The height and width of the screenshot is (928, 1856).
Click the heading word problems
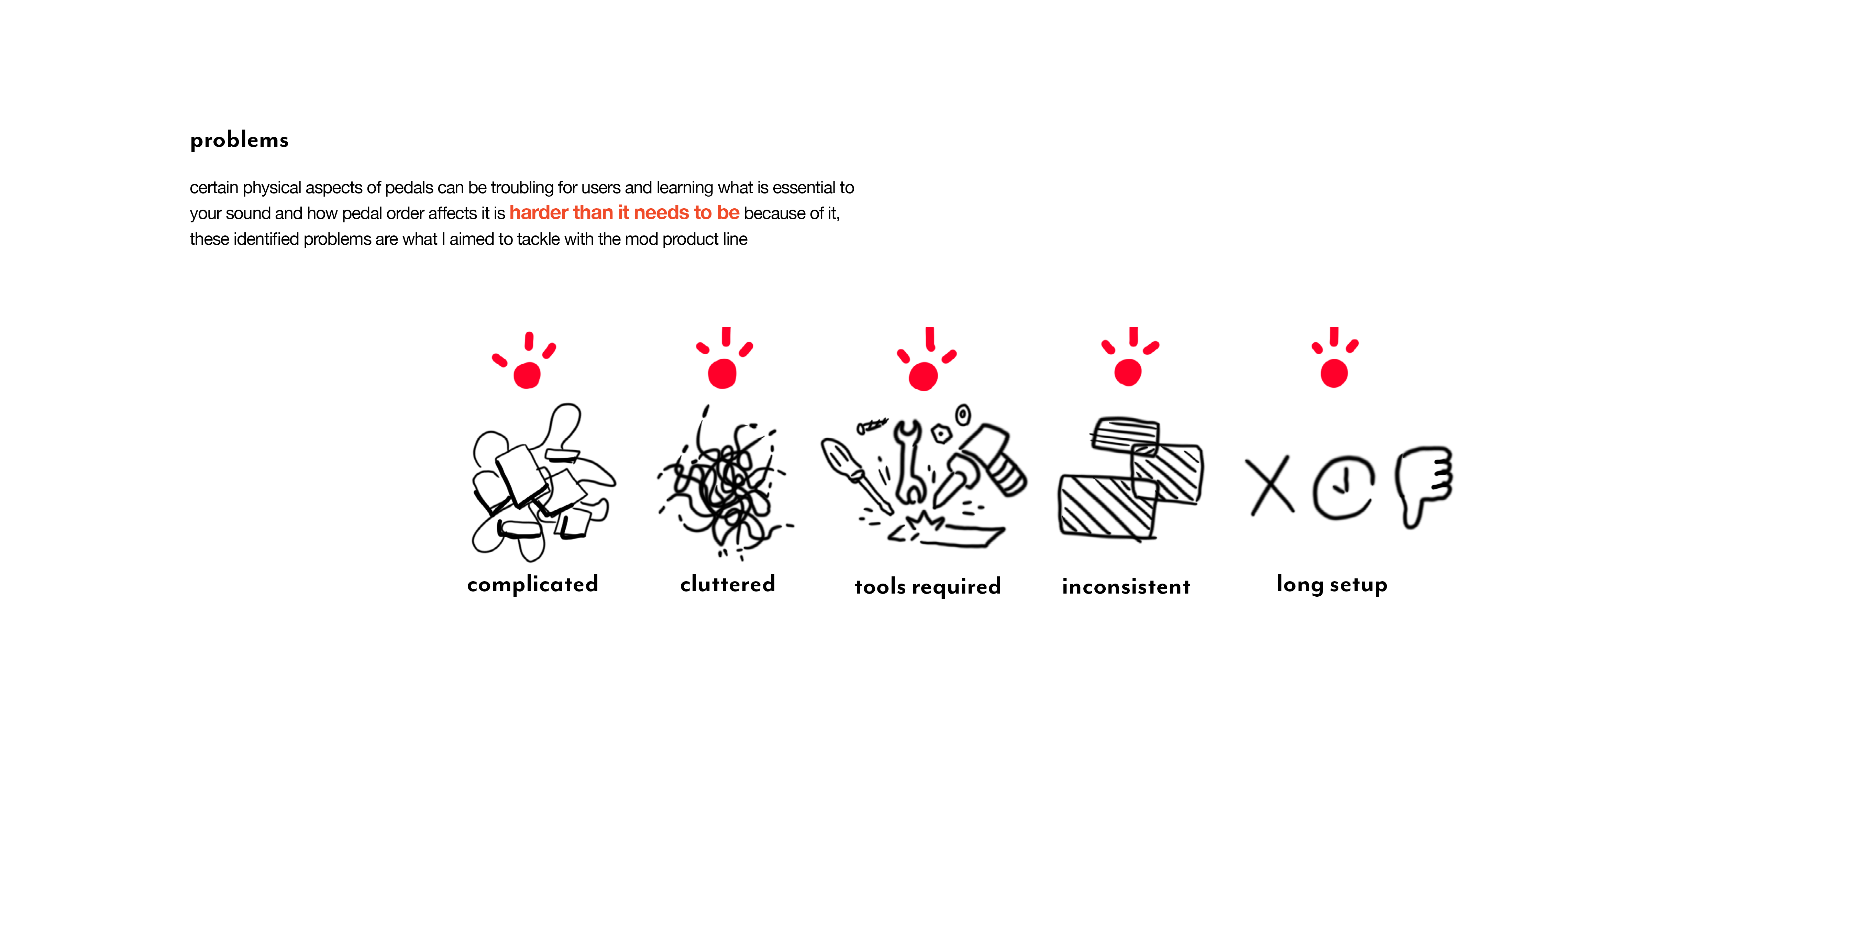(x=239, y=140)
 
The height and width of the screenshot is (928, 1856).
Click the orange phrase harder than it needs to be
(x=624, y=212)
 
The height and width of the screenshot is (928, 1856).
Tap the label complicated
(x=532, y=584)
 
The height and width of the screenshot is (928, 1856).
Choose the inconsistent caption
(x=1126, y=586)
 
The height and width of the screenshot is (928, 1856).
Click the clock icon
(x=1343, y=487)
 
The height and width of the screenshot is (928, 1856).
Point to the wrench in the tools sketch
(x=909, y=461)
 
